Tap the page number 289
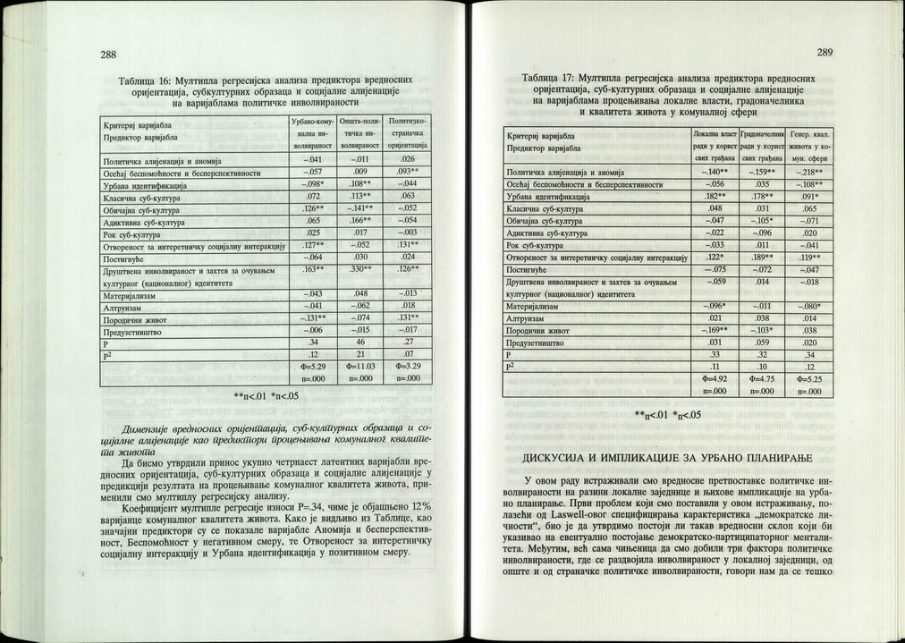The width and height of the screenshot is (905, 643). [823, 52]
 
